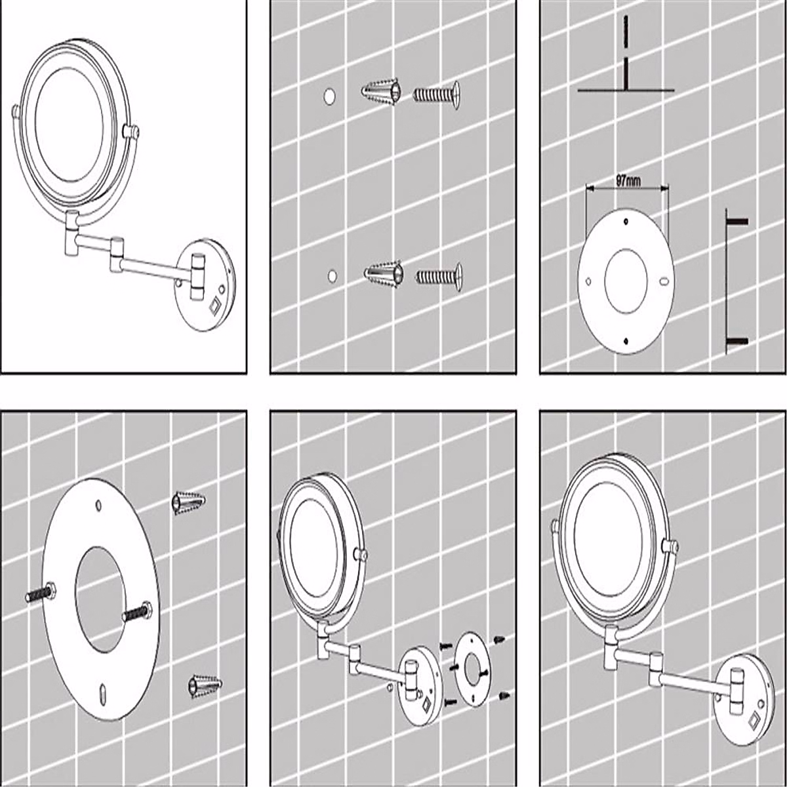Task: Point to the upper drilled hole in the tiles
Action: (x=329, y=96)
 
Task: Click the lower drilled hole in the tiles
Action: (x=333, y=275)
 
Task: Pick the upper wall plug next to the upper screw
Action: (x=380, y=95)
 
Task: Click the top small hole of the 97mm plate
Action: (x=626, y=221)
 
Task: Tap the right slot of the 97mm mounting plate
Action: (x=664, y=282)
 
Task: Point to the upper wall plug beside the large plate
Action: (x=189, y=504)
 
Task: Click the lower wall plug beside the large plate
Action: (x=205, y=685)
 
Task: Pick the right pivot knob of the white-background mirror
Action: (x=130, y=132)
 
